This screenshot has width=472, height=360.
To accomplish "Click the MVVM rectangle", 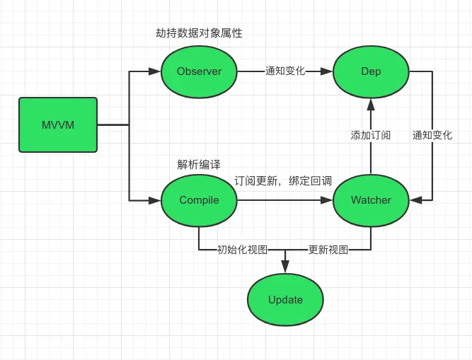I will click(57, 126).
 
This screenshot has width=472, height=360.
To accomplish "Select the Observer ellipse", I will click(199, 71).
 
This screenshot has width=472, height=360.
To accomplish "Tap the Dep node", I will click(371, 71).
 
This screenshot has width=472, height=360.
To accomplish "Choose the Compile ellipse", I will click(199, 200).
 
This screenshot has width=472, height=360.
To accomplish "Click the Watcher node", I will click(371, 200).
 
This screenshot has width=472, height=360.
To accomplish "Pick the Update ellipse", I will click(285, 300).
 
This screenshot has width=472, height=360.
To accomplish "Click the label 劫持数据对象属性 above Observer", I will click(199, 33).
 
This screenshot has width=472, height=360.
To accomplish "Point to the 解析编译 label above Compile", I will click(199, 164).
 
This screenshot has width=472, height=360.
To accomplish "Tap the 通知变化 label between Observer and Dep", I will click(284, 71).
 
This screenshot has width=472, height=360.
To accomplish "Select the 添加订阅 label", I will click(371, 135).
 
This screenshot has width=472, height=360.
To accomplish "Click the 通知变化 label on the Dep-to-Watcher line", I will click(432, 135).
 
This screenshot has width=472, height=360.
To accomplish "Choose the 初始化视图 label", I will click(243, 250).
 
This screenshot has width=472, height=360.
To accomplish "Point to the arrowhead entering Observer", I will click(155, 71).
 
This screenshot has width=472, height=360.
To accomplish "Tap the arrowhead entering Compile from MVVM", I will click(155, 200).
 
